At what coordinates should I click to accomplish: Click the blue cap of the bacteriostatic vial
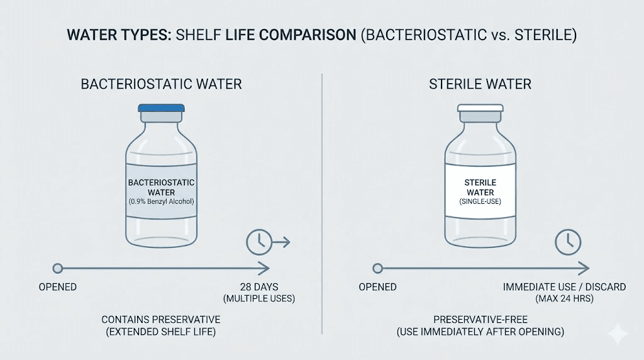(161, 108)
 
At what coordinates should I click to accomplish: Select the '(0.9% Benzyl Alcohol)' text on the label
(162, 201)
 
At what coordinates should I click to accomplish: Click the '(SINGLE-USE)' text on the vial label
(480, 201)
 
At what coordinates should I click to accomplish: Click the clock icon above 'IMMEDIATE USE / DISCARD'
(569, 240)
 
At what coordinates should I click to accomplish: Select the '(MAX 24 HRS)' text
(564, 298)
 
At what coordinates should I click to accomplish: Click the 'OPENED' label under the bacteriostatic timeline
(58, 287)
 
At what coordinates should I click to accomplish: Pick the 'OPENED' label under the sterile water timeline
(377, 287)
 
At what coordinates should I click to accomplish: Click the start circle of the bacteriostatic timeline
(58, 269)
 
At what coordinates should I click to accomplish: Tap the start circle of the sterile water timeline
(377, 269)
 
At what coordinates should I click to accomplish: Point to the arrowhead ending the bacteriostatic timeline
(267, 269)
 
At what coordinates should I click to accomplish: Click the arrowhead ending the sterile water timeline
(585, 269)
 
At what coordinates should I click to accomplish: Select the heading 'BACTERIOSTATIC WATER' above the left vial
(161, 84)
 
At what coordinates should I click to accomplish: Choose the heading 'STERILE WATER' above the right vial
(480, 84)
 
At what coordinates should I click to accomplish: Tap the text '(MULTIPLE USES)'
(259, 298)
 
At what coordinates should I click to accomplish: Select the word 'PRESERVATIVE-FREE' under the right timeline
(480, 320)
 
